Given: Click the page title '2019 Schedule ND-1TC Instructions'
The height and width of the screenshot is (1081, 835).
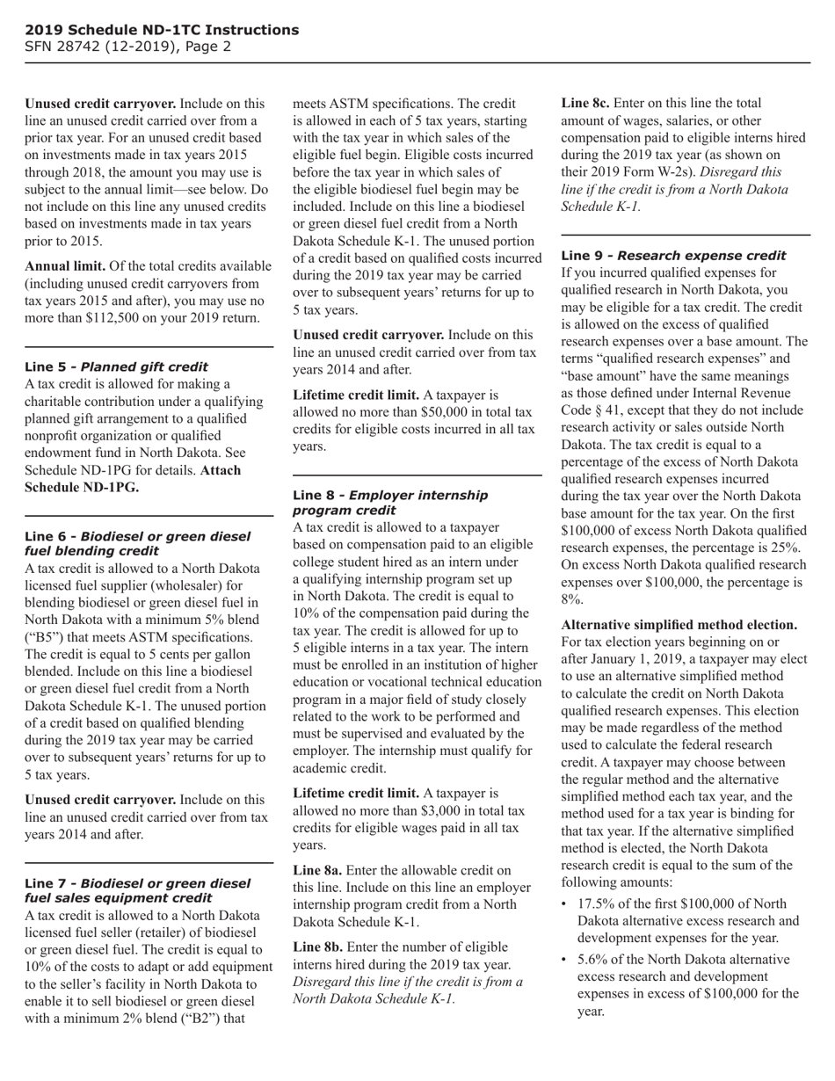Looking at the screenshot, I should tap(162, 30).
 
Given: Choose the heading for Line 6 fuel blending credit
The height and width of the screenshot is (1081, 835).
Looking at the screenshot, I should tap(137, 543).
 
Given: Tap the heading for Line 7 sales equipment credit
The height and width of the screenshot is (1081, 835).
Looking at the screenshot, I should tap(137, 890).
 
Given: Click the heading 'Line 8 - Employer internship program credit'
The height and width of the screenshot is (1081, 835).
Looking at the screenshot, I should tap(389, 503).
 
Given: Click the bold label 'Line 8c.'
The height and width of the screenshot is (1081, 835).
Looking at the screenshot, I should tap(585, 104).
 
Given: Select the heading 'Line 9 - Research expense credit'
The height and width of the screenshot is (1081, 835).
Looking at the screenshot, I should tap(673, 256).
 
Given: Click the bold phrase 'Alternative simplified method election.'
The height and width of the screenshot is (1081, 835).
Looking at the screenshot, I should tap(679, 625).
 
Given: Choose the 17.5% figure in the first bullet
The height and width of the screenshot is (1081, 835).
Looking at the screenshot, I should tap(598, 904).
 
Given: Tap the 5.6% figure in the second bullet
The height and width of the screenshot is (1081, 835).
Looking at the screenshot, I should tap(594, 960).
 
